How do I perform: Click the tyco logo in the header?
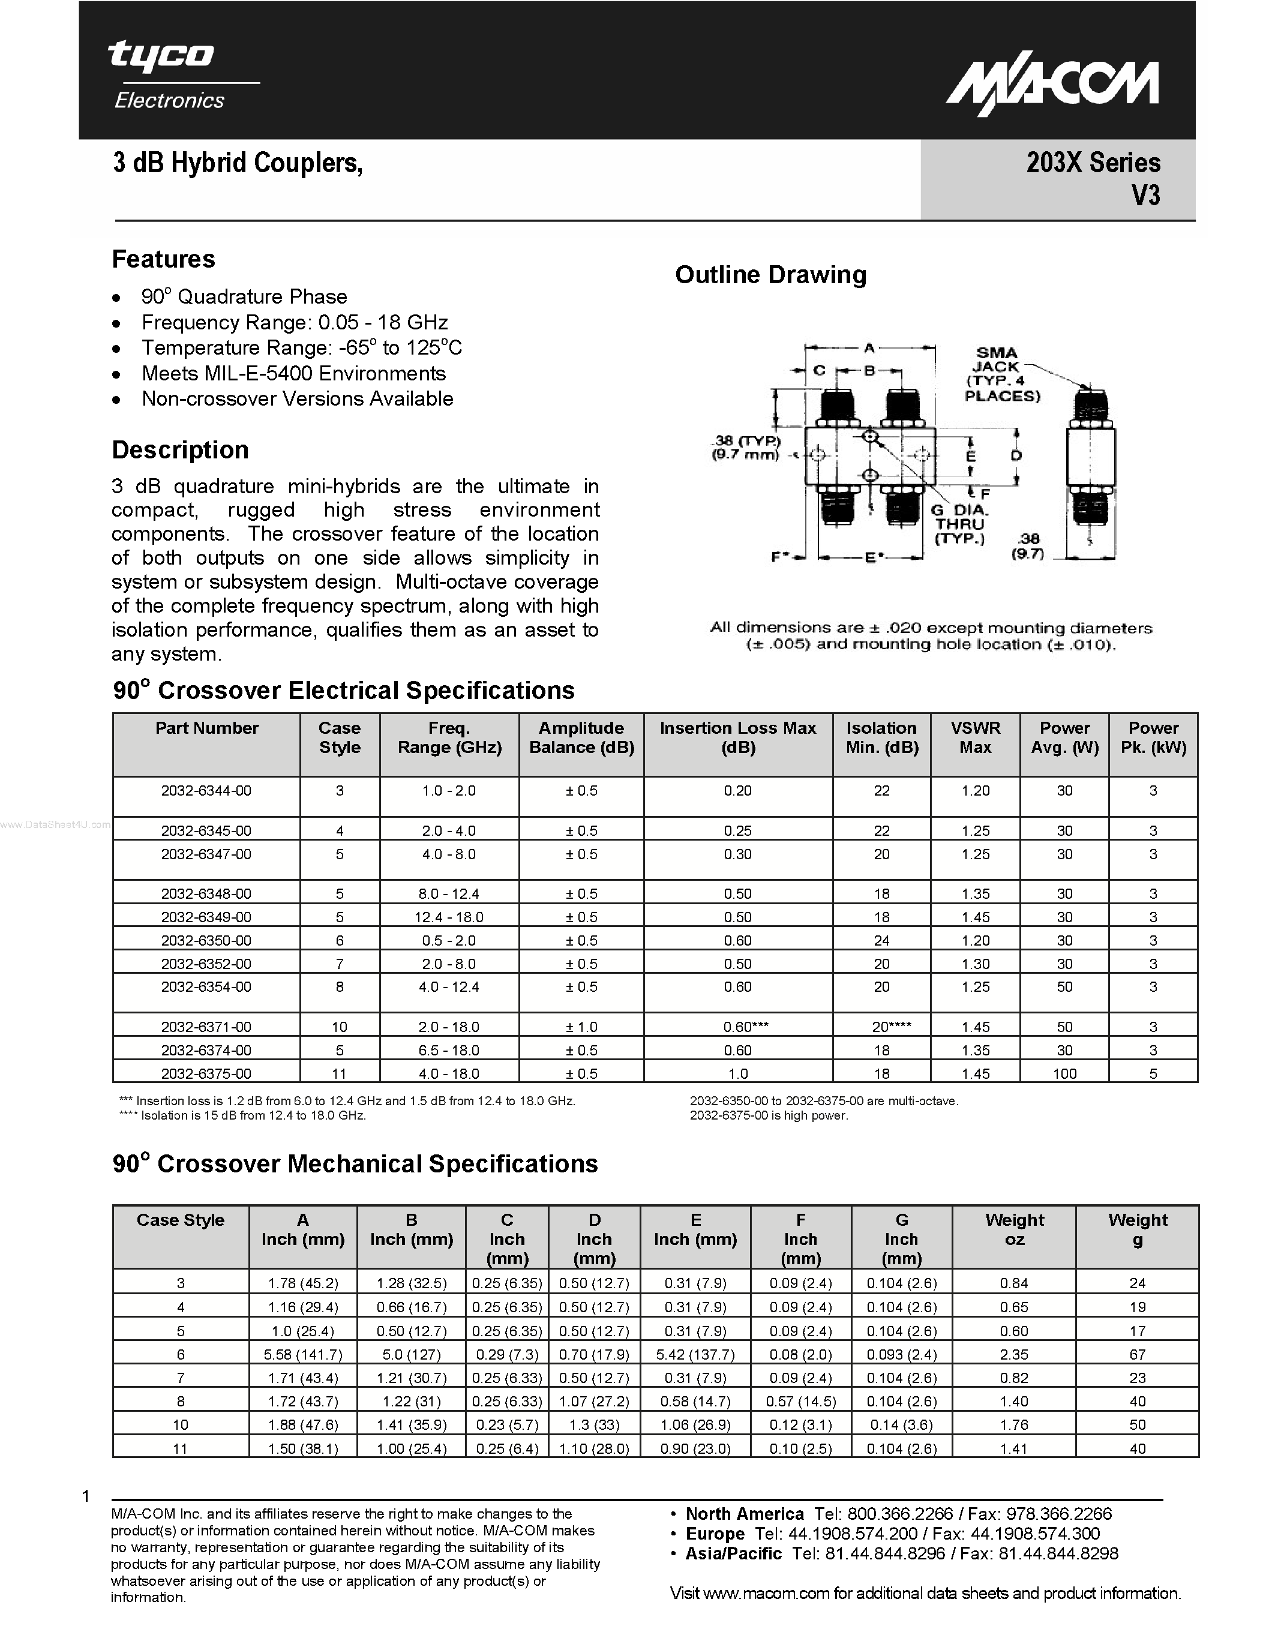(161, 56)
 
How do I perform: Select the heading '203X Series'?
(1093, 163)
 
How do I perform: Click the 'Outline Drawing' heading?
(770, 275)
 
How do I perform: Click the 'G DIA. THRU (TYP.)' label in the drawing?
(959, 524)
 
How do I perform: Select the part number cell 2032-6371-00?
(206, 1027)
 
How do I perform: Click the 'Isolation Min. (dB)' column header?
(881, 737)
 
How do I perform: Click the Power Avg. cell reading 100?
(1064, 1073)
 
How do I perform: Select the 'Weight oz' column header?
(1013, 1229)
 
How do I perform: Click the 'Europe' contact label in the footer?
(715, 1534)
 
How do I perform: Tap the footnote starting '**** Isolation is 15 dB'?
(242, 1116)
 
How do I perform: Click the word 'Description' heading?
(180, 450)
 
